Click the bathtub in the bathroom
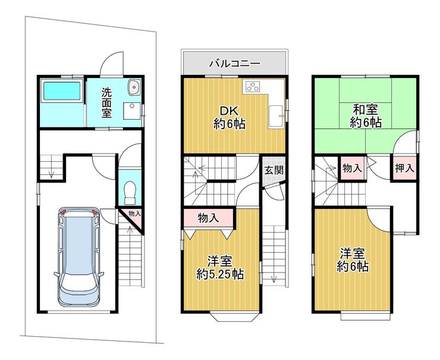click(x=62, y=90)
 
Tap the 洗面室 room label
click(x=106, y=102)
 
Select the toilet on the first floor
click(x=130, y=192)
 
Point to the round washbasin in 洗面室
click(x=134, y=87)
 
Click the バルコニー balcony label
click(x=235, y=64)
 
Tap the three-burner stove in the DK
click(x=253, y=86)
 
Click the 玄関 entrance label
click(x=274, y=170)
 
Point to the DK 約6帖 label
click(x=230, y=117)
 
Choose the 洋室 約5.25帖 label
click(x=220, y=268)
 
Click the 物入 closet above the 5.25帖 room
click(x=209, y=218)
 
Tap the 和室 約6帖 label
click(x=365, y=115)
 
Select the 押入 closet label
click(x=404, y=168)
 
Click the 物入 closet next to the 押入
click(x=352, y=168)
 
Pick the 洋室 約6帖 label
click(x=353, y=259)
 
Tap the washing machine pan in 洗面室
click(x=132, y=111)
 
